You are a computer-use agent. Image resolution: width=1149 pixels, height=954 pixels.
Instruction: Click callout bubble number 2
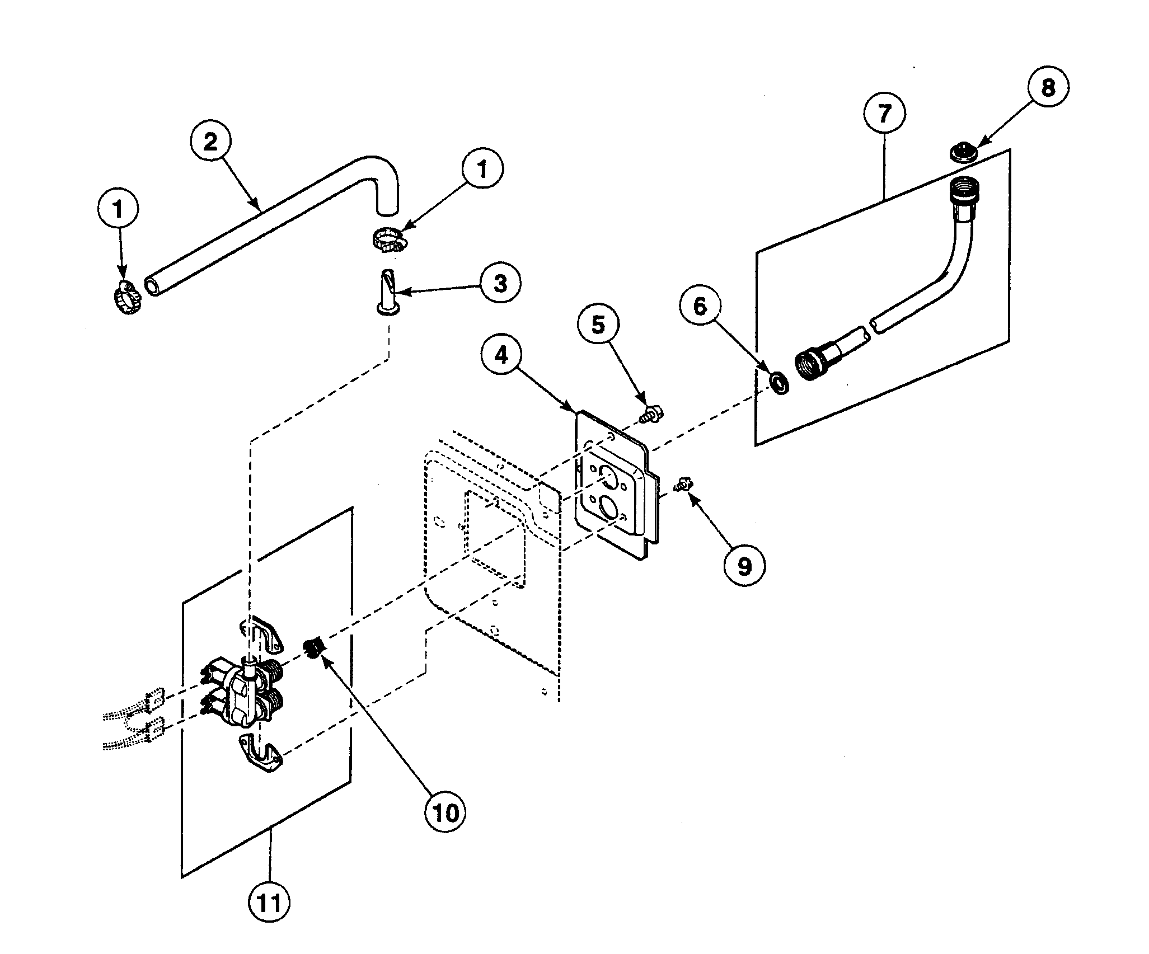click(x=210, y=142)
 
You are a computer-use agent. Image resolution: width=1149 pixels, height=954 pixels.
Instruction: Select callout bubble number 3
click(x=500, y=283)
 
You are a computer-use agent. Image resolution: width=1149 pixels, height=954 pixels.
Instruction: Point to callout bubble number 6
click(x=701, y=307)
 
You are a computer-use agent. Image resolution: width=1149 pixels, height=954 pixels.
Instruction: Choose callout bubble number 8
click(x=1048, y=87)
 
